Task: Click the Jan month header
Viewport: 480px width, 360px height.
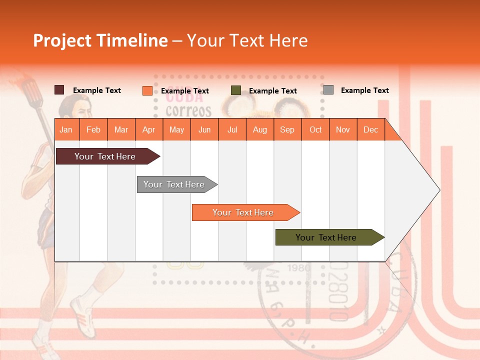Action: click(66, 129)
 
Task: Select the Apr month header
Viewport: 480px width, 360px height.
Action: click(148, 129)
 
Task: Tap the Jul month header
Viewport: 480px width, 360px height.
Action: click(232, 129)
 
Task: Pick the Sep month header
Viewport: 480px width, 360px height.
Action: click(287, 129)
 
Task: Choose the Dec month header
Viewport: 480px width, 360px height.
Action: click(370, 129)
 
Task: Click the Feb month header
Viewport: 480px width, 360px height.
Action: click(93, 129)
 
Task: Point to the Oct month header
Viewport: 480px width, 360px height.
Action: click(315, 129)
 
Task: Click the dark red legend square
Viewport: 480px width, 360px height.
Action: click(59, 90)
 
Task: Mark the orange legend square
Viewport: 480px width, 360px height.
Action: click(147, 90)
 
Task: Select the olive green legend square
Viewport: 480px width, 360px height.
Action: click(236, 90)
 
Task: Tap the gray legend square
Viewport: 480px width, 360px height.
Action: click(328, 90)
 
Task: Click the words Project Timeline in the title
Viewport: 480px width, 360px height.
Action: click(100, 40)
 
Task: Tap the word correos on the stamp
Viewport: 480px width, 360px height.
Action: click(188, 110)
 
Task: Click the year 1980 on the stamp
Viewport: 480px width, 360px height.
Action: click(299, 268)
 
